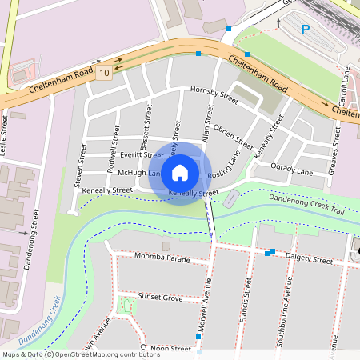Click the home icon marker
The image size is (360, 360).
pyautogui.click(x=180, y=173)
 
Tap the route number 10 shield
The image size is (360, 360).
pyautogui.click(x=105, y=73)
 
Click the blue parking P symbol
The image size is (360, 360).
pyautogui.click(x=305, y=30)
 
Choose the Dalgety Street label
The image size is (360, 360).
pyautogui.click(x=310, y=260)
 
